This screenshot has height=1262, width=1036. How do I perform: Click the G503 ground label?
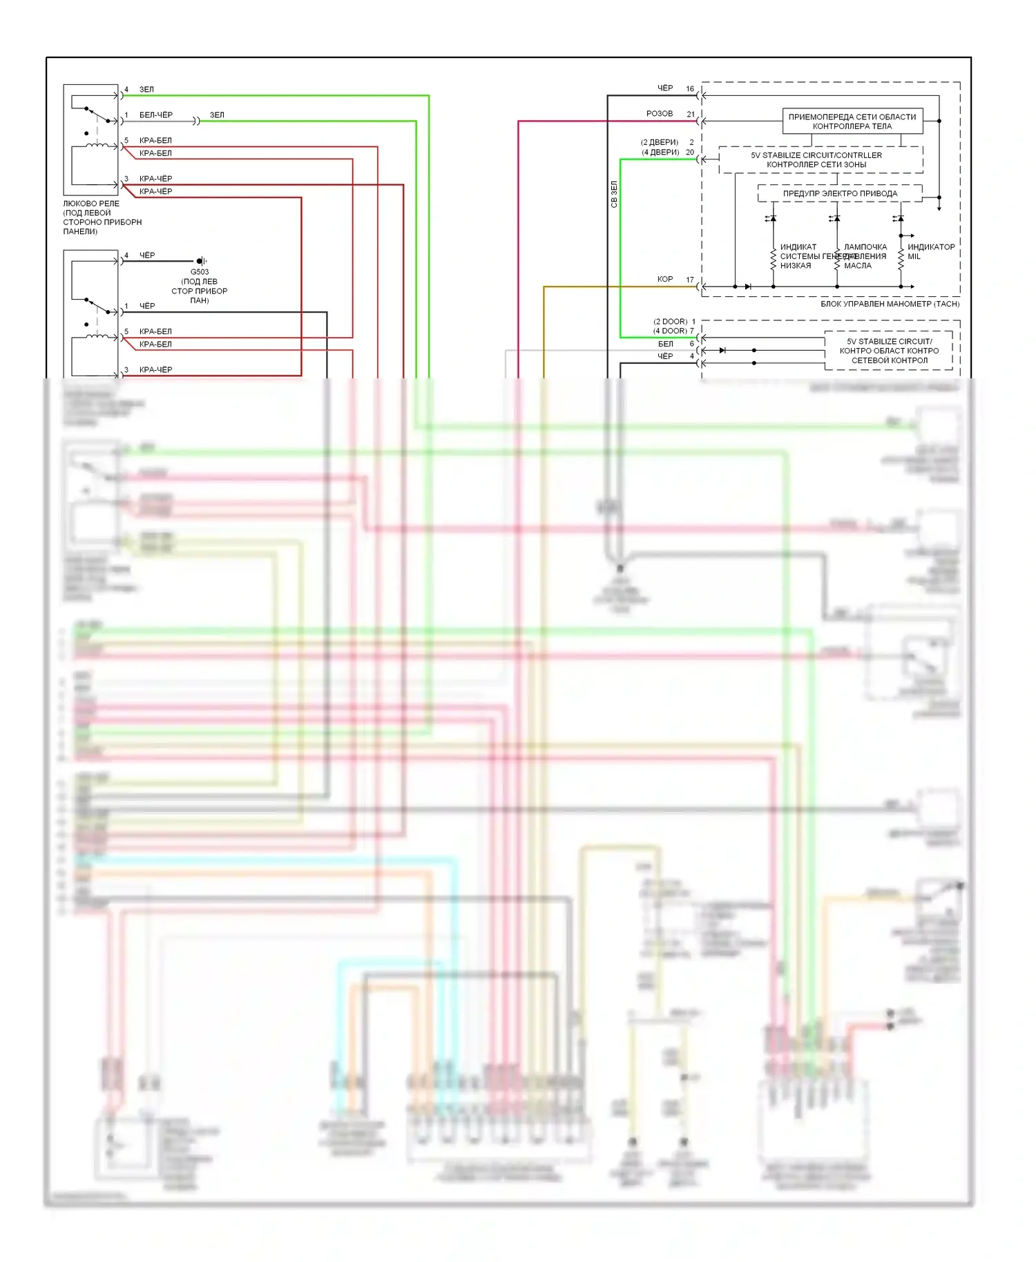click(x=200, y=272)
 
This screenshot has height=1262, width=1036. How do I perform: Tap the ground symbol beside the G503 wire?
click(x=202, y=261)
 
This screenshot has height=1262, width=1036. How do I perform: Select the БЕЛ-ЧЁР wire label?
click(x=156, y=115)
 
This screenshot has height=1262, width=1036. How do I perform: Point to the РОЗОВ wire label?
click(x=659, y=114)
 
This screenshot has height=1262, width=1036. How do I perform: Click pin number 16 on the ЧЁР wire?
click(x=690, y=89)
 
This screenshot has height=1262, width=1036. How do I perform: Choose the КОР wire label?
click(x=664, y=280)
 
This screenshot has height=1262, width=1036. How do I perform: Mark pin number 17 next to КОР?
click(x=690, y=280)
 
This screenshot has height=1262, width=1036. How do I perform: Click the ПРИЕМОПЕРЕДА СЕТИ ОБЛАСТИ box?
click(x=852, y=122)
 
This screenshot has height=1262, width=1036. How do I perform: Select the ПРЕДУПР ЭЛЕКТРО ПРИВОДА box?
click(x=840, y=194)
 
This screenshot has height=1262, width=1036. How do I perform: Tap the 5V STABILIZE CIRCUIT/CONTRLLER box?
click(x=821, y=160)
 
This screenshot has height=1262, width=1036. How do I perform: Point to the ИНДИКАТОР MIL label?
click(x=930, y=252)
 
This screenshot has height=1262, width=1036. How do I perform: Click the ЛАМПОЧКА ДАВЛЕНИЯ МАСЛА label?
click(x=865, y=256)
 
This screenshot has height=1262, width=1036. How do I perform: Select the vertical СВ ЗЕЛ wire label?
click(x=614, y=195)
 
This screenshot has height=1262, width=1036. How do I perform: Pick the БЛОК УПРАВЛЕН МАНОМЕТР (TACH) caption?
click(x=890, y=304)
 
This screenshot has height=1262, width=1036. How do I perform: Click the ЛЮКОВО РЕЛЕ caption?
click(x=91, y=204)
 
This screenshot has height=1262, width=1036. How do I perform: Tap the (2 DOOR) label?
click(x=670, y=322)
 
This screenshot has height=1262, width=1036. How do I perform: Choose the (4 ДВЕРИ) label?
click(x=660, y=153)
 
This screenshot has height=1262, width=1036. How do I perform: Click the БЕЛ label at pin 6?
click(x=665, y=344)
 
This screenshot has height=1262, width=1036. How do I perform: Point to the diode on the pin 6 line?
click(x=722, y=351)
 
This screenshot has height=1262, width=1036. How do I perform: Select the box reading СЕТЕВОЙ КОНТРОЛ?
click(x=889, y=351)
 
